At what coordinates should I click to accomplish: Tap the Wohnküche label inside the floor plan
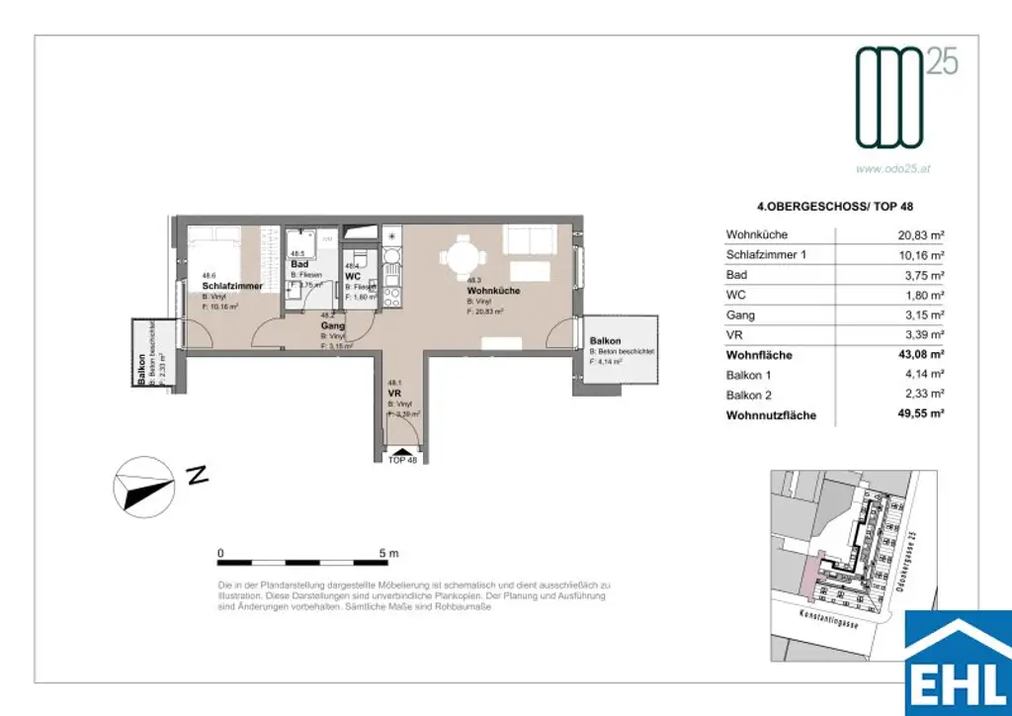[493, 291]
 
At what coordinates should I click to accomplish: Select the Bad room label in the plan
[300, 265]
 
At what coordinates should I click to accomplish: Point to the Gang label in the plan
[332, 325]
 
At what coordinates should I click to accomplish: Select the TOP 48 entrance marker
[404, 460]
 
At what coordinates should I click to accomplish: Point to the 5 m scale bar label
[388, 553]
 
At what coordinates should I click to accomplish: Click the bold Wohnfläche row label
[759, 355]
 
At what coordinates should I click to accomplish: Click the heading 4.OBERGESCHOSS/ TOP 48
[813, 208]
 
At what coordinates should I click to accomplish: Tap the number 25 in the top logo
[942, 62]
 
